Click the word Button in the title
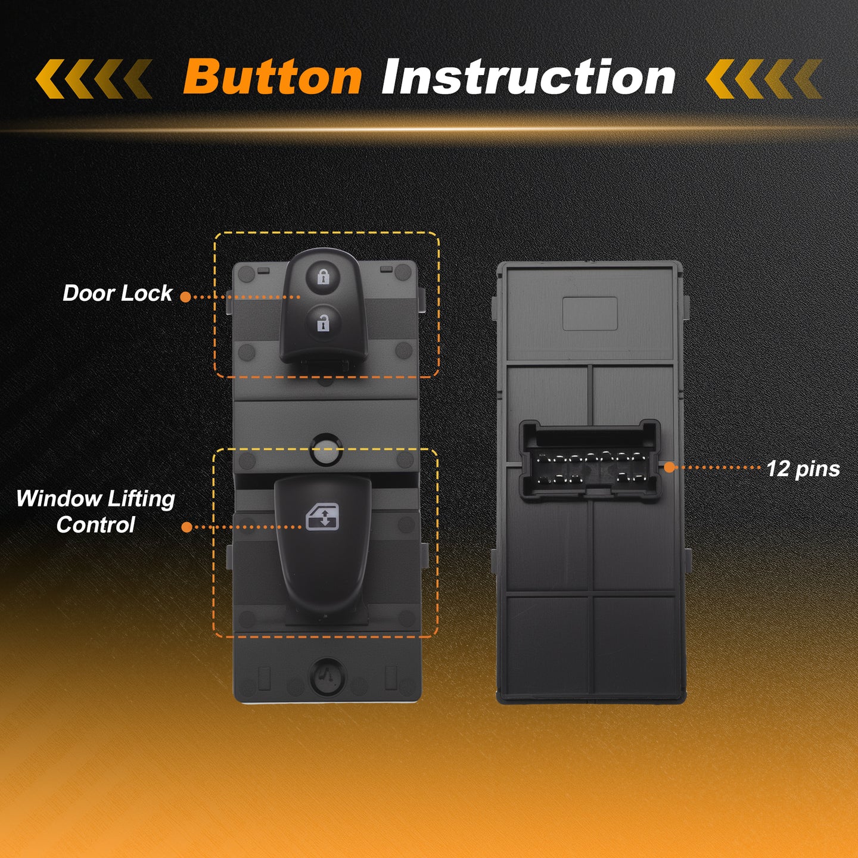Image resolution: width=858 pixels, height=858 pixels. coord(272,77)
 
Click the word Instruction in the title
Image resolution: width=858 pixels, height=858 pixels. coord(529,77)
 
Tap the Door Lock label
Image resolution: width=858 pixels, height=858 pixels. coord(117,293)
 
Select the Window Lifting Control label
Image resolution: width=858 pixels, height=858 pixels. coord(96,512)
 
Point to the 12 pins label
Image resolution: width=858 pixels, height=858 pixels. coord(803,469)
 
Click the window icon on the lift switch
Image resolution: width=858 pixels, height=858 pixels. coord(322,517)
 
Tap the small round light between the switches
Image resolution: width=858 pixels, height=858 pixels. coord(326,450)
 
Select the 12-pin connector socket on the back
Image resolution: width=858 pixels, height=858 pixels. coord(590,461)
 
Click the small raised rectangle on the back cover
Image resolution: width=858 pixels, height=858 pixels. coord(590,314)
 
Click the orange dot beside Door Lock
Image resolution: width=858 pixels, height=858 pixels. coord(185,297)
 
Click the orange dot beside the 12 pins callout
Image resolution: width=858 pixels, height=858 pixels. coord(669,467)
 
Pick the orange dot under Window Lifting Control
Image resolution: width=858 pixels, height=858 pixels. coord(187,527)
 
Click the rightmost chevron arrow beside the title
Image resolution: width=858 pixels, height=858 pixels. coord(808,79)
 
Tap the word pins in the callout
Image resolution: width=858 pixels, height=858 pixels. coord(817,470)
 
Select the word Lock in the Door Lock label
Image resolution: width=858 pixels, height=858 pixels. coord(147,293)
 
